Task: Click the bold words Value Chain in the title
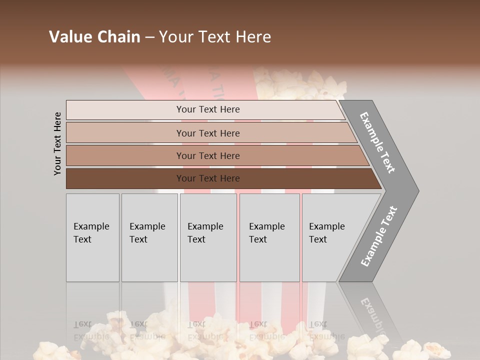[94, 37]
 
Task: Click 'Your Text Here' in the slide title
[215, 37]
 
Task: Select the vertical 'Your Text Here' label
[57, 143]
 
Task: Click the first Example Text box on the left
[92, 237]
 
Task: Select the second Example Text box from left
[149, 237]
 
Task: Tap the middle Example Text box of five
[207, 237]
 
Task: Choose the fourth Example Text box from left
[269, 237]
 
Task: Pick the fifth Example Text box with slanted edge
[330, 237]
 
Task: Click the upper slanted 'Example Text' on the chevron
[377, 142]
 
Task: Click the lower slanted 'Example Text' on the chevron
[378, 236]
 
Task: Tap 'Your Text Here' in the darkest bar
[208, 178]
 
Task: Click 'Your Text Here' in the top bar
[208, 109]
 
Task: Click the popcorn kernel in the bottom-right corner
[434, 350]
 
